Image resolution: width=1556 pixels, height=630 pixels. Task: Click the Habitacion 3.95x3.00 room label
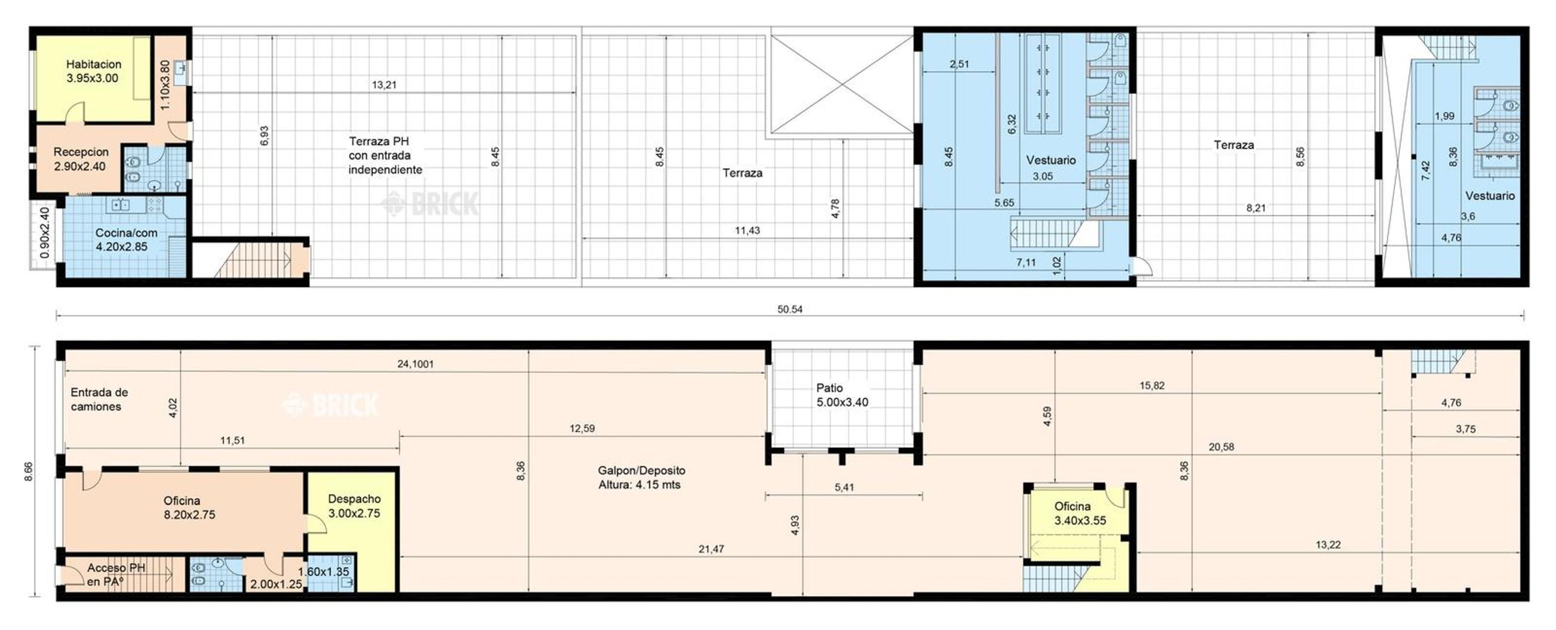(x=93, y=71)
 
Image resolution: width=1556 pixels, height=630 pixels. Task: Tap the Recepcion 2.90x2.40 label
(x=81, y=159)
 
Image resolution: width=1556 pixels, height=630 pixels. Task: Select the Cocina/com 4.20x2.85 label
(x=125, y=240)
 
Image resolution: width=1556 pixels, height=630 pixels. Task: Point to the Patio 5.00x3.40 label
(x=842, y=395)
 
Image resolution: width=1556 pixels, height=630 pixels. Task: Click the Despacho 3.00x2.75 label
(x=354, y=506)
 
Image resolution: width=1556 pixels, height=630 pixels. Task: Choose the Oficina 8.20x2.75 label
(x=189, y=508)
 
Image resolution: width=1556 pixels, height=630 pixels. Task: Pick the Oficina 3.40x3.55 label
(x=1080, y=513)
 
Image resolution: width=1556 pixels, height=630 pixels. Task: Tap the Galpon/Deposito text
(x=642, y=471)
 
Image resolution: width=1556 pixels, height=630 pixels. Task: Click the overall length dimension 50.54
(x=790, y=309)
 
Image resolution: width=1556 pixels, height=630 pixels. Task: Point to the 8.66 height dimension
(x=29, y=472)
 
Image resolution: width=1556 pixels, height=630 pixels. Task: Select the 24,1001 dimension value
(x=415, y=364)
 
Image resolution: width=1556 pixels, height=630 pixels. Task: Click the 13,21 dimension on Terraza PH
(x=384, y=85)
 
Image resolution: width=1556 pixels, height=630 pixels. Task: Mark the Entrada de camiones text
(x=99, y=399)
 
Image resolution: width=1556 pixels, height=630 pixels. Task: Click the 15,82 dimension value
(x=1152, y=386)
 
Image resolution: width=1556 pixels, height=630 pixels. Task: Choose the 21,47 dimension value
(x=711, y=549)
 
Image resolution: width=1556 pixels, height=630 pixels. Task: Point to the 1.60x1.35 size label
(x=323, y=572)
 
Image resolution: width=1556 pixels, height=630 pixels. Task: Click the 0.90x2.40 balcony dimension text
(x=46, y=233)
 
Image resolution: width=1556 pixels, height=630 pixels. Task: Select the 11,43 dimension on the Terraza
(x=747, y=230)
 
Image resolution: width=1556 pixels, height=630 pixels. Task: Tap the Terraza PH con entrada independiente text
(x=386, y=155)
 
